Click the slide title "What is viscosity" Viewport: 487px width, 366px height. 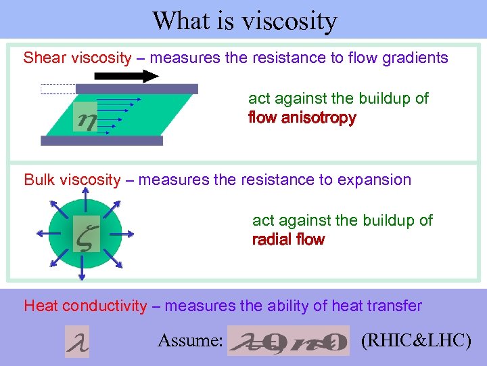coord(244,20)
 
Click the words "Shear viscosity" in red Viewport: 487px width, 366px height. coord(77,58)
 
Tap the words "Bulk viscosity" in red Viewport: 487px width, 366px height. coord(72,180)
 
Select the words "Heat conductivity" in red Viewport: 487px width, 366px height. coord(85,306)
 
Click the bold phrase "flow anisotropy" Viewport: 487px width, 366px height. coord(302,118)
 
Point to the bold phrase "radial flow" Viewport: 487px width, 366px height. coord(288,239)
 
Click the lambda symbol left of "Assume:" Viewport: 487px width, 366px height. coord(76,341)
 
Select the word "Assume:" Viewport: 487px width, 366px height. coord(190,340)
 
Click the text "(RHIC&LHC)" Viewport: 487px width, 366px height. coord(416,340)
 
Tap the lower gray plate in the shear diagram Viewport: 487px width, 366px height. coord(101,141)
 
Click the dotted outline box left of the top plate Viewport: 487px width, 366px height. coord(58,88)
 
